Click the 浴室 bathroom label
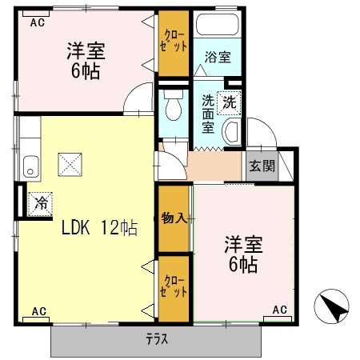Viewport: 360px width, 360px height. (x=217, y=58)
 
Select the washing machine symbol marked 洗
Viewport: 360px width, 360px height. (x=230, y=102)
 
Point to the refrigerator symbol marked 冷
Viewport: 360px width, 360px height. (x=38, y=202)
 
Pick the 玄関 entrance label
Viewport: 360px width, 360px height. (x=261, y=166)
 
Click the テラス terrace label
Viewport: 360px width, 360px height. (x=157, y=338)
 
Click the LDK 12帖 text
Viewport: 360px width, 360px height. (x=100, y=228)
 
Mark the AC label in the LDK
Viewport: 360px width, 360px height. (x=38, y=310)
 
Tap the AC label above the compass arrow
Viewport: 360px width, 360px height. (x=280, y=310)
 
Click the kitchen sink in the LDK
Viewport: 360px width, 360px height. (x=30, y=167)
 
